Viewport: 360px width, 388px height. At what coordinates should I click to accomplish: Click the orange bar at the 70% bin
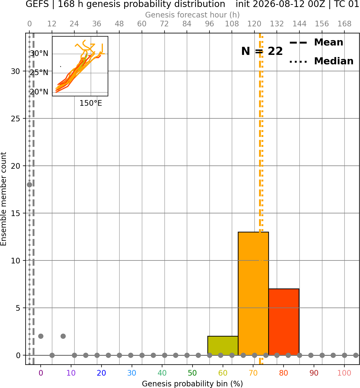tap(253, 294)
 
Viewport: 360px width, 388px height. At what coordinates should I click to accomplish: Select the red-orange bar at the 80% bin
tap(284, 322)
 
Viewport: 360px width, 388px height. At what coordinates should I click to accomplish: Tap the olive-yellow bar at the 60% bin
tap(223, 346)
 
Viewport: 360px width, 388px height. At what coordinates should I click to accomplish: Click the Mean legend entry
tap(316, 43)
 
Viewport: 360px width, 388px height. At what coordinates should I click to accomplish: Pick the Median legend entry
tap(321, 61)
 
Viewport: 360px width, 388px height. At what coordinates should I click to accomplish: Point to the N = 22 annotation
tap(262, 51)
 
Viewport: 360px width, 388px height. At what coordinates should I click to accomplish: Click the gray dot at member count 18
tap(30, 185)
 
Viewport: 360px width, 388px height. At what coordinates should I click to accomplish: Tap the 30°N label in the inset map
tap(39, 53)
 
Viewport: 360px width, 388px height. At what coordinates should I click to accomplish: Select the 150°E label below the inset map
tap(91, 103)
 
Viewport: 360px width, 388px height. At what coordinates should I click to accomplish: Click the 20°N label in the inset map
tap(39, 92)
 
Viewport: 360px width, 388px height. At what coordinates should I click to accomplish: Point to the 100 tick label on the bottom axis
tap(344, 373)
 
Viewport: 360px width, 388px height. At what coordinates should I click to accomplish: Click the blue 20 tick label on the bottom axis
tap(102, 373)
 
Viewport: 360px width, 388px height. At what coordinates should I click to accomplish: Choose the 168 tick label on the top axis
tap(345, 24)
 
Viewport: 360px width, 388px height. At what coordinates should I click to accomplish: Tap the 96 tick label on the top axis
tap(209, 24)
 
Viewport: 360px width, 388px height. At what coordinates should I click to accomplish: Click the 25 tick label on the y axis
tap(16, 119)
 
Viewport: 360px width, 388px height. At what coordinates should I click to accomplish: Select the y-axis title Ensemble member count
tap(3, 199)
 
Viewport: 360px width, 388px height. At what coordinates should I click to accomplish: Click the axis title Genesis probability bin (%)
tap(193, 384)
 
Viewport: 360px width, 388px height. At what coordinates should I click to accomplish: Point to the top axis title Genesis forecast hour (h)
tap(193, 15)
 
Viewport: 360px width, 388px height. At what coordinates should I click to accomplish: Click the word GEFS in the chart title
tap(37, 4)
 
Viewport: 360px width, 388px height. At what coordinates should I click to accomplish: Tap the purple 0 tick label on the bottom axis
tap(41, 373)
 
